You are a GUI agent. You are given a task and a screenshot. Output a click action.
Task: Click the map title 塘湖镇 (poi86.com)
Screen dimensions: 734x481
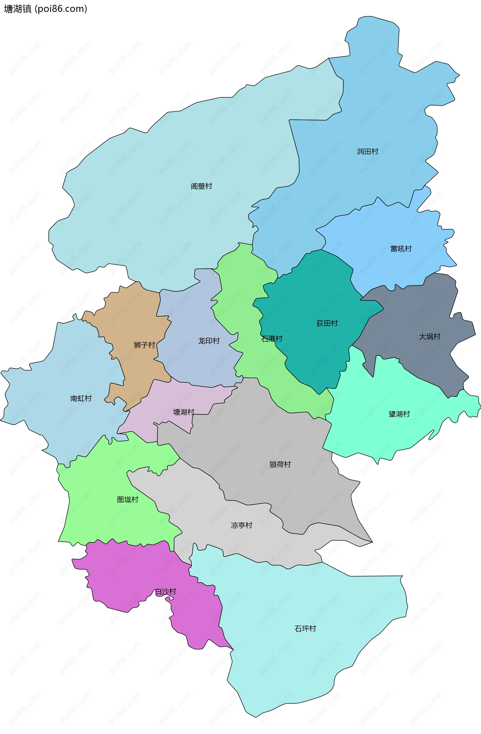click(45, 9)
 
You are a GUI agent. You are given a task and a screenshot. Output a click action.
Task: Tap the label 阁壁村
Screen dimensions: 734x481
click(201, 186)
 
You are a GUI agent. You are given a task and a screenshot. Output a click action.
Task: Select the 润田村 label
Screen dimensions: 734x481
click(367, 151)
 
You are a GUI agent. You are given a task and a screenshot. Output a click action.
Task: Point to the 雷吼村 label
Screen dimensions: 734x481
click(401, 249)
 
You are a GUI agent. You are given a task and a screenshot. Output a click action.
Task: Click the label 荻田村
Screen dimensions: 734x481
click(327, 323)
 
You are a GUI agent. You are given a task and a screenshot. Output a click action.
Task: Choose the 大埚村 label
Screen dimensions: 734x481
click(429, 336)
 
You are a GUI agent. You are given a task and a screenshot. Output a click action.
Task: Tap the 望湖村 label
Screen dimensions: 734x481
click(399, 414)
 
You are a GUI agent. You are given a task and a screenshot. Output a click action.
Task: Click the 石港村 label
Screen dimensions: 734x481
click(272, 339)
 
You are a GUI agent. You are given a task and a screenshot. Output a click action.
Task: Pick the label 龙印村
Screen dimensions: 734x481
click(209, 341)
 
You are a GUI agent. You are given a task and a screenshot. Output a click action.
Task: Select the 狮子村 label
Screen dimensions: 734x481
click(144, 345)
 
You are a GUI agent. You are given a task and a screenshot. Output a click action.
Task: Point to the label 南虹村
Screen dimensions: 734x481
click(81, 398)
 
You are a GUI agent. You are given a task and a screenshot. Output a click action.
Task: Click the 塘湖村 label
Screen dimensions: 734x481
click(184, 412)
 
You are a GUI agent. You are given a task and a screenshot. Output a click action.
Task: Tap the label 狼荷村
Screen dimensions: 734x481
click(280, 464)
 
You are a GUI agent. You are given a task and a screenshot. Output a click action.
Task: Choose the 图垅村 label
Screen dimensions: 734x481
click(128, 500)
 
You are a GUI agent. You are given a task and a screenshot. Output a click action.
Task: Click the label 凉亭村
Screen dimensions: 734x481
click(242, 525)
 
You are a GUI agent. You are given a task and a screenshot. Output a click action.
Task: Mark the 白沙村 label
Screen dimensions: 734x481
click(166, 592)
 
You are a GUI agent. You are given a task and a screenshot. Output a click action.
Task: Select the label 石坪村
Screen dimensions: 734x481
click(305, 629)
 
